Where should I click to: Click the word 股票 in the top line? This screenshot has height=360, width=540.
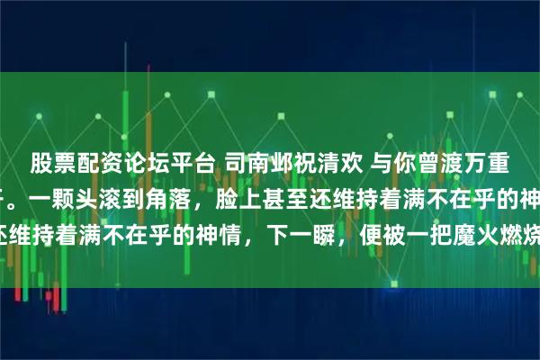50,163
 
